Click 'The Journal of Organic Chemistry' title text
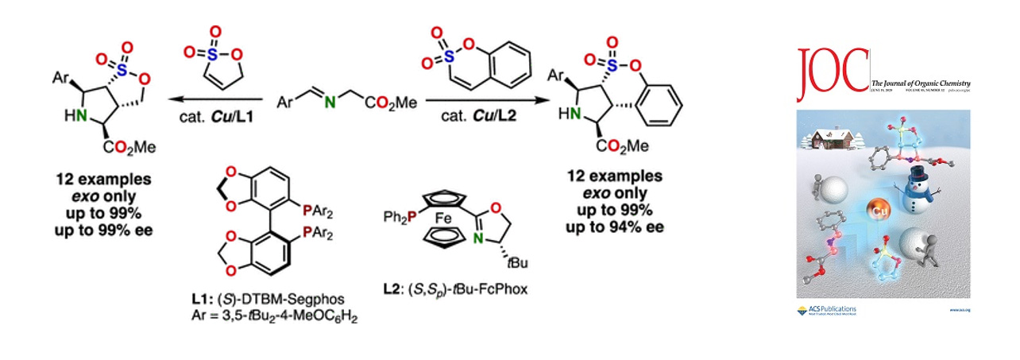click(x=920, y=83)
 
